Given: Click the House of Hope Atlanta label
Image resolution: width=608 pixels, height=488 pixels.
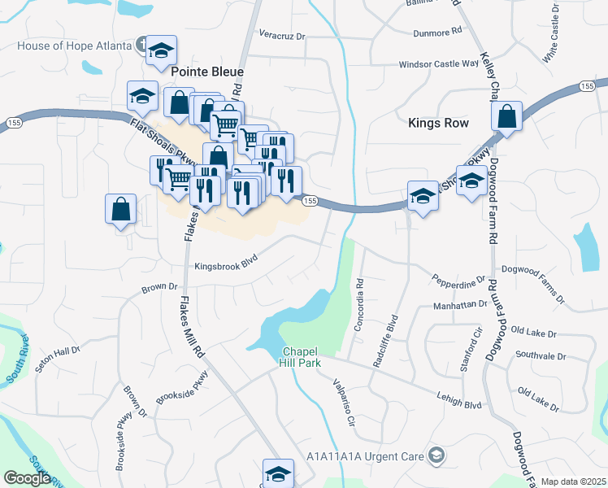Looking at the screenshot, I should (x=74, y=46).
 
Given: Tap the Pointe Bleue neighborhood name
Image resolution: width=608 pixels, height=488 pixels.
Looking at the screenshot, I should (x=207, y=72).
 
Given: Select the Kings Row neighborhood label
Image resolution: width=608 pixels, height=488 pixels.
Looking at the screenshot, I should (x=438, y=123).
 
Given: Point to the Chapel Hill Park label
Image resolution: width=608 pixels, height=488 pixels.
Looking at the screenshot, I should (x=301, y=357).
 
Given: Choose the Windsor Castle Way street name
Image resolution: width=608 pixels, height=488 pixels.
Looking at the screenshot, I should (x=438, y=64).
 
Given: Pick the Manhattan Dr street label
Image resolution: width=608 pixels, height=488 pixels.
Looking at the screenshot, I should (x=459, y=303).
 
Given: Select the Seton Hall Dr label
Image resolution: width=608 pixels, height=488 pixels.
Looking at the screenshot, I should (x=58, y=359).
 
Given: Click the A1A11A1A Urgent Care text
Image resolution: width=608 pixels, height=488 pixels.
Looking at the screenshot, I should (x=367, y=455).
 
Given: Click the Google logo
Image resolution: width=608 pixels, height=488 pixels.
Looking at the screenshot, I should (x=27, y=478).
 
